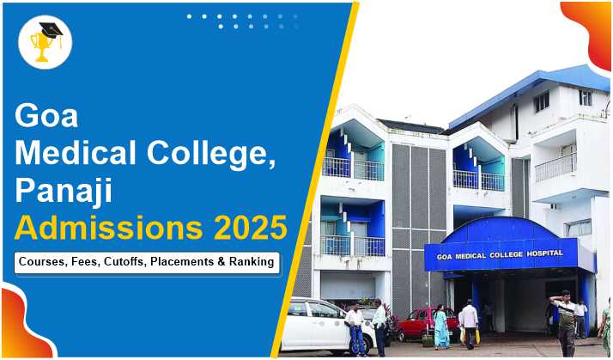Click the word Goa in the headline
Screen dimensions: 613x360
[46, 115]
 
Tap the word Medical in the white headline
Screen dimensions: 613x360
[76, 153]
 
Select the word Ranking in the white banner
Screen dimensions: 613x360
[252, 262]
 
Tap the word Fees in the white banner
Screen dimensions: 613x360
[87, 262]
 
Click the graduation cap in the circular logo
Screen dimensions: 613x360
[52, 31]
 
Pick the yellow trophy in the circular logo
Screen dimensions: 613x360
[40, 46]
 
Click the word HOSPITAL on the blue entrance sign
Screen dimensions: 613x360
[544, 253]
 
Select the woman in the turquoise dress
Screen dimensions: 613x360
[441, 326]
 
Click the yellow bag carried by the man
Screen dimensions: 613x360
[477, 336]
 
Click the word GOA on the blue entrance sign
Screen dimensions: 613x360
[444, 258]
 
